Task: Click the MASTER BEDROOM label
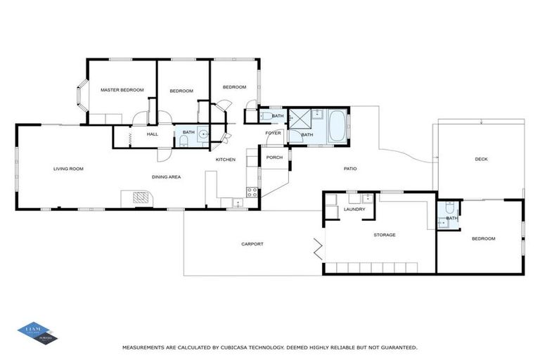pyautogui.click(x=122, y=90)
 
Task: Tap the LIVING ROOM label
pyautogui.click(x=69, y=168)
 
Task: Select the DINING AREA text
pyautogui.click(x=166, y=176)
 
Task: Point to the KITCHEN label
pyautogui.click(x=225, y=160)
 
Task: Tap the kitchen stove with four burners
pyautogui.click(x=249, y=192)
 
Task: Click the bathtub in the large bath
pyautogui.click(x=337, y=125)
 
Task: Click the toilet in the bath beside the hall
pyautogui.click(x=184, y=141)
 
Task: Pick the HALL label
pyautogui.click(x=152, y=133)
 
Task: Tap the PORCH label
pyautogui.click(x=274, y=157)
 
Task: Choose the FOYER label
pyautogui.click(x=273, y=133)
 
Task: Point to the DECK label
pyautogui.click(x=481, y=159)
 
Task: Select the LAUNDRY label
pyautogui.click(x=354, y=209)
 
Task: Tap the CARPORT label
pyautogui.click(x=252, y=244)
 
